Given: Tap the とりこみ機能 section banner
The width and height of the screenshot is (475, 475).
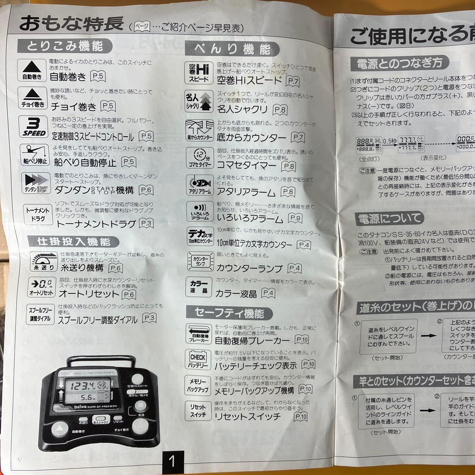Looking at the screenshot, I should (65, 46).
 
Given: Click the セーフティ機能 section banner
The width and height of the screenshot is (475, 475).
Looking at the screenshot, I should (229, 313).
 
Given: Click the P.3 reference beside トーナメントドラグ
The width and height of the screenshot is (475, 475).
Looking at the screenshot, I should (146, 223).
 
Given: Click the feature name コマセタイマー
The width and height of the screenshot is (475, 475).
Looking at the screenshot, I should (246, 166).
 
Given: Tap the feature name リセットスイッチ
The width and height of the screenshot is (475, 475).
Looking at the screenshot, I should (247, 417).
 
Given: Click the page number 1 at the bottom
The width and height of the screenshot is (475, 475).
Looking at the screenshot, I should (172, 462).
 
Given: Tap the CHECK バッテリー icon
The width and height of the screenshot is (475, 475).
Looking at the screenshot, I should (198, 359).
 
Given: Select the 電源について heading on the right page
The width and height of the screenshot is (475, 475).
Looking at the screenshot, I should (390, 218).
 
